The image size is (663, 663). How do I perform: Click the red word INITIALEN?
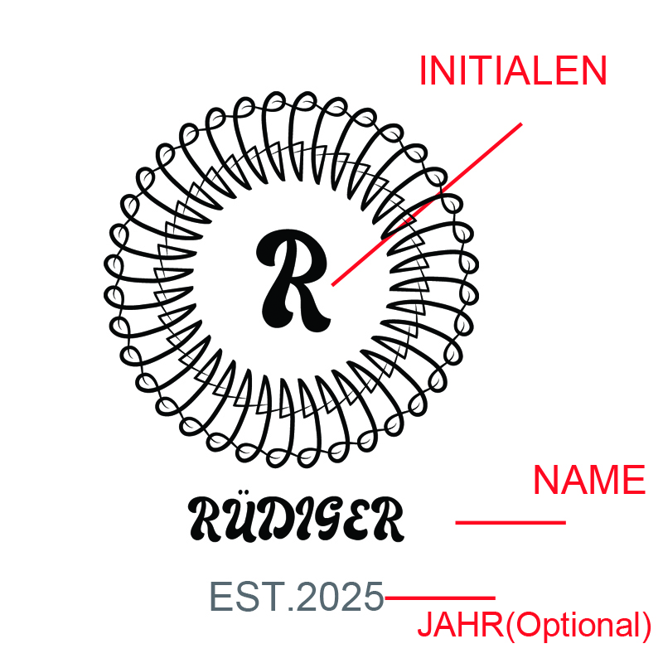(x=513, y=70)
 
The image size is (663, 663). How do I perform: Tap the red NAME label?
(x=589, y=480)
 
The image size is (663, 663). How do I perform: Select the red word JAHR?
(x=460, y=625)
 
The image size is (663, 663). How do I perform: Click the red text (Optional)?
(x=578, y=626)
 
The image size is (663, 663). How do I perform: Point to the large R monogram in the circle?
(x=293, y=279)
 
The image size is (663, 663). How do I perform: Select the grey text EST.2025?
(x=297, y=596)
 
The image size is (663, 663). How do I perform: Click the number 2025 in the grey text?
(x=340, y=596)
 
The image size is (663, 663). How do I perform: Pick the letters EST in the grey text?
(x=247, y=596)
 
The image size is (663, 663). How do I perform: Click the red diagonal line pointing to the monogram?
(x=427, y=204)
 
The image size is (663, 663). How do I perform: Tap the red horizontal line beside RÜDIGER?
(x=511, y=523)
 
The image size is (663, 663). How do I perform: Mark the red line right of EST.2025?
(x=440, y=598)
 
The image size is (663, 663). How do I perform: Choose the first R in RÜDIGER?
(x=206, y=520)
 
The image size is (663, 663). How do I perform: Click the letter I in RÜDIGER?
(x=298, y=520)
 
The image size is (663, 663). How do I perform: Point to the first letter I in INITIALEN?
(x=423, y=70)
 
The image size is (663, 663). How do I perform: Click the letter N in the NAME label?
(x=546, y=480)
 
